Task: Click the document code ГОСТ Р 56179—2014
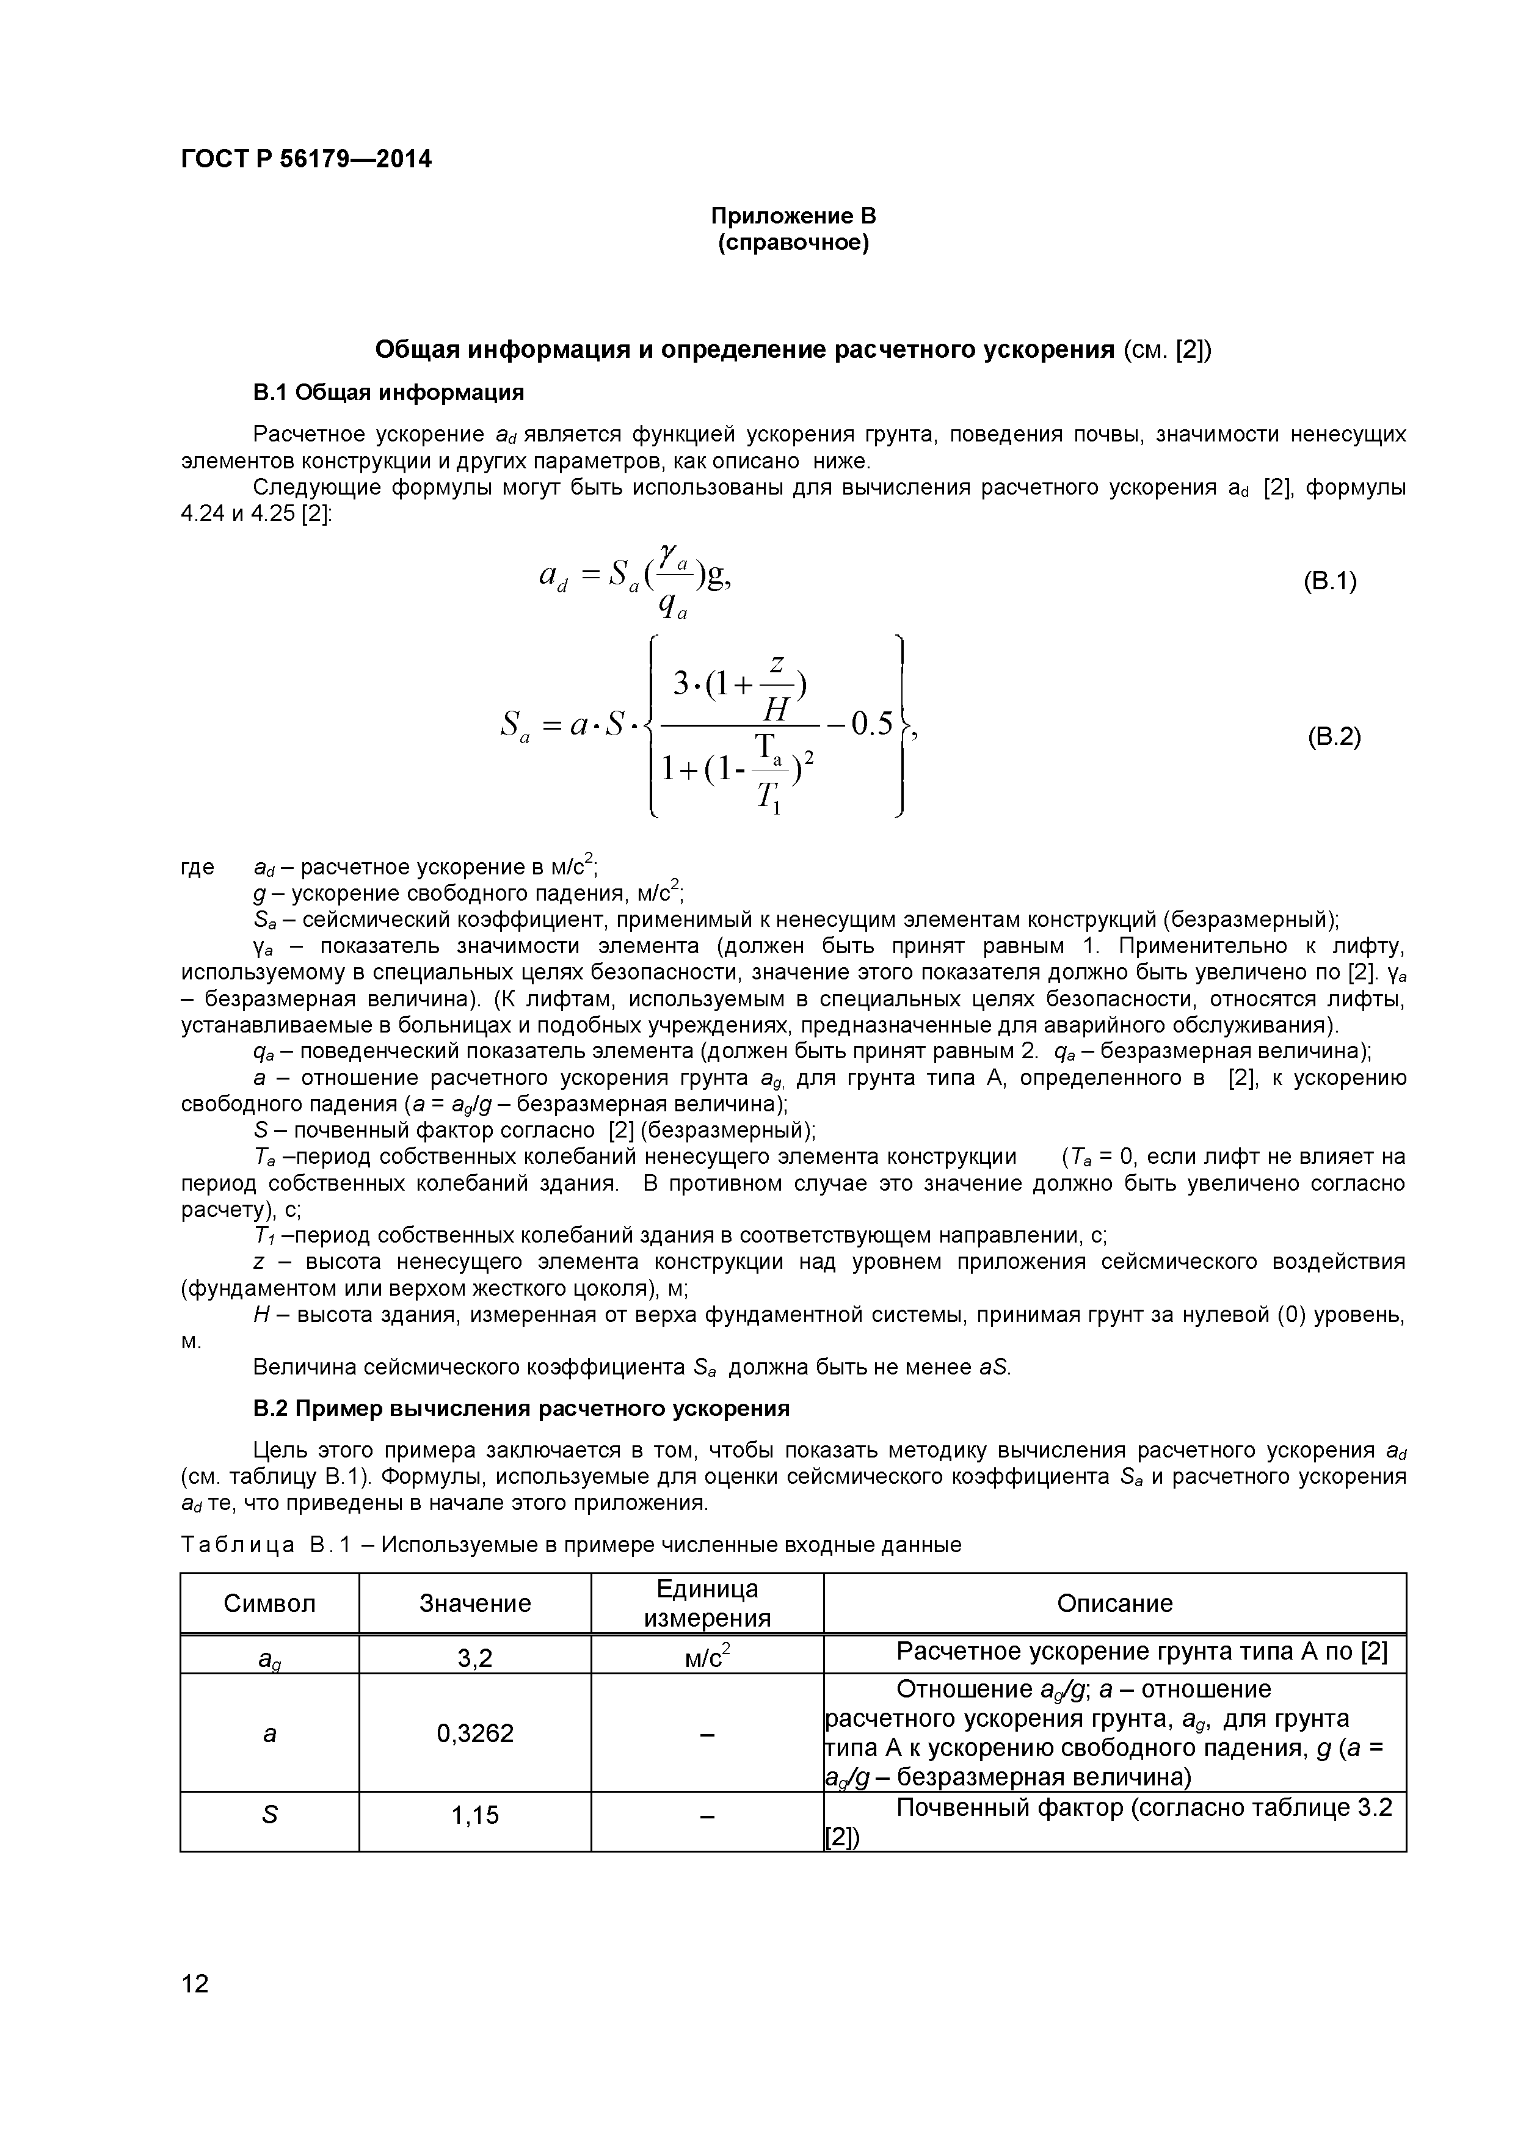(306, 159)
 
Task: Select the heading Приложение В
(793, 216)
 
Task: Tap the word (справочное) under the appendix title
(793, 244)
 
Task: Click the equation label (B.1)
(1329, 581)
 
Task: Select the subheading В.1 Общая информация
(388, 393)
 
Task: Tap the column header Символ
(270, 1603)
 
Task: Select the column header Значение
(475, 1603)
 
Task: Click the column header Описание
(1115, 1603)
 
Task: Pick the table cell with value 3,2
(475, 1658)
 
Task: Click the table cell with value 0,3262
(475, 1734)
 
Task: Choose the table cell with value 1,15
(475, 1815)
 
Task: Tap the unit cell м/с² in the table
(707, 1657)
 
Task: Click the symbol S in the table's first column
(270, 1815)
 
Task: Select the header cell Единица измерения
(707, 1603)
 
